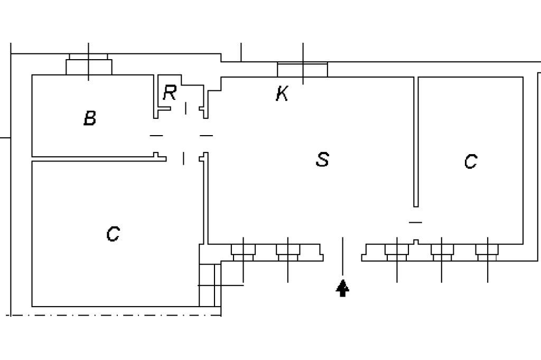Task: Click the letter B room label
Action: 90,118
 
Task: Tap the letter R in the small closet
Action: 169,93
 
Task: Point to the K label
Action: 282,94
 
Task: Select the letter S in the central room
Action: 322,159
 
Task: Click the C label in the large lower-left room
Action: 113,233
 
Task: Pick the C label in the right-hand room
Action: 471,161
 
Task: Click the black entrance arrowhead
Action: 343,288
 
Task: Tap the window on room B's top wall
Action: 89,65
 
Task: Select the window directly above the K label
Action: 303,70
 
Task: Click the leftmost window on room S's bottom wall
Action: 243,252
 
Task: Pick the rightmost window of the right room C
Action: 487,252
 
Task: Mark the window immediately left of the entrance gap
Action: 288,252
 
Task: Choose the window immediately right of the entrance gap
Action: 397,252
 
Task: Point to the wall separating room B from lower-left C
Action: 95,158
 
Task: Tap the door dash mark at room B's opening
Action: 156,136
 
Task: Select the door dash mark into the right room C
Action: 416,222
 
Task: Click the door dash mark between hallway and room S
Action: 206,136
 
